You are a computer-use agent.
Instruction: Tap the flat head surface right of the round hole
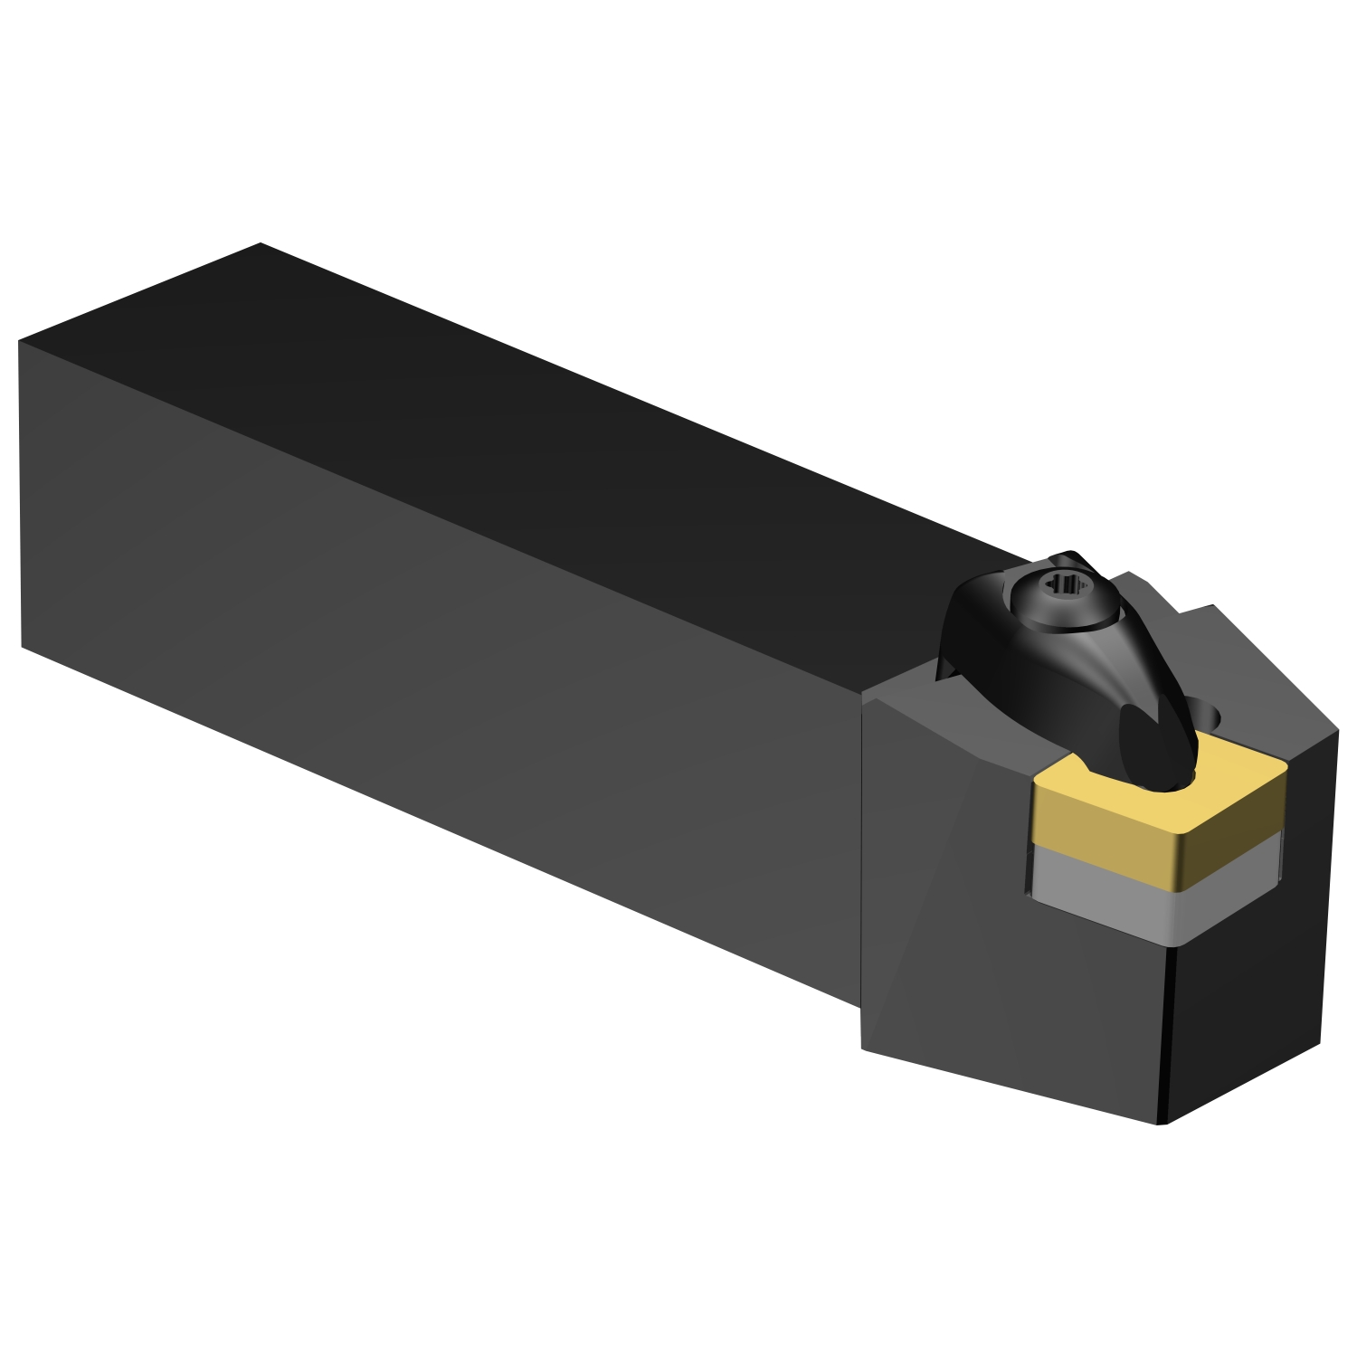1276,706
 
